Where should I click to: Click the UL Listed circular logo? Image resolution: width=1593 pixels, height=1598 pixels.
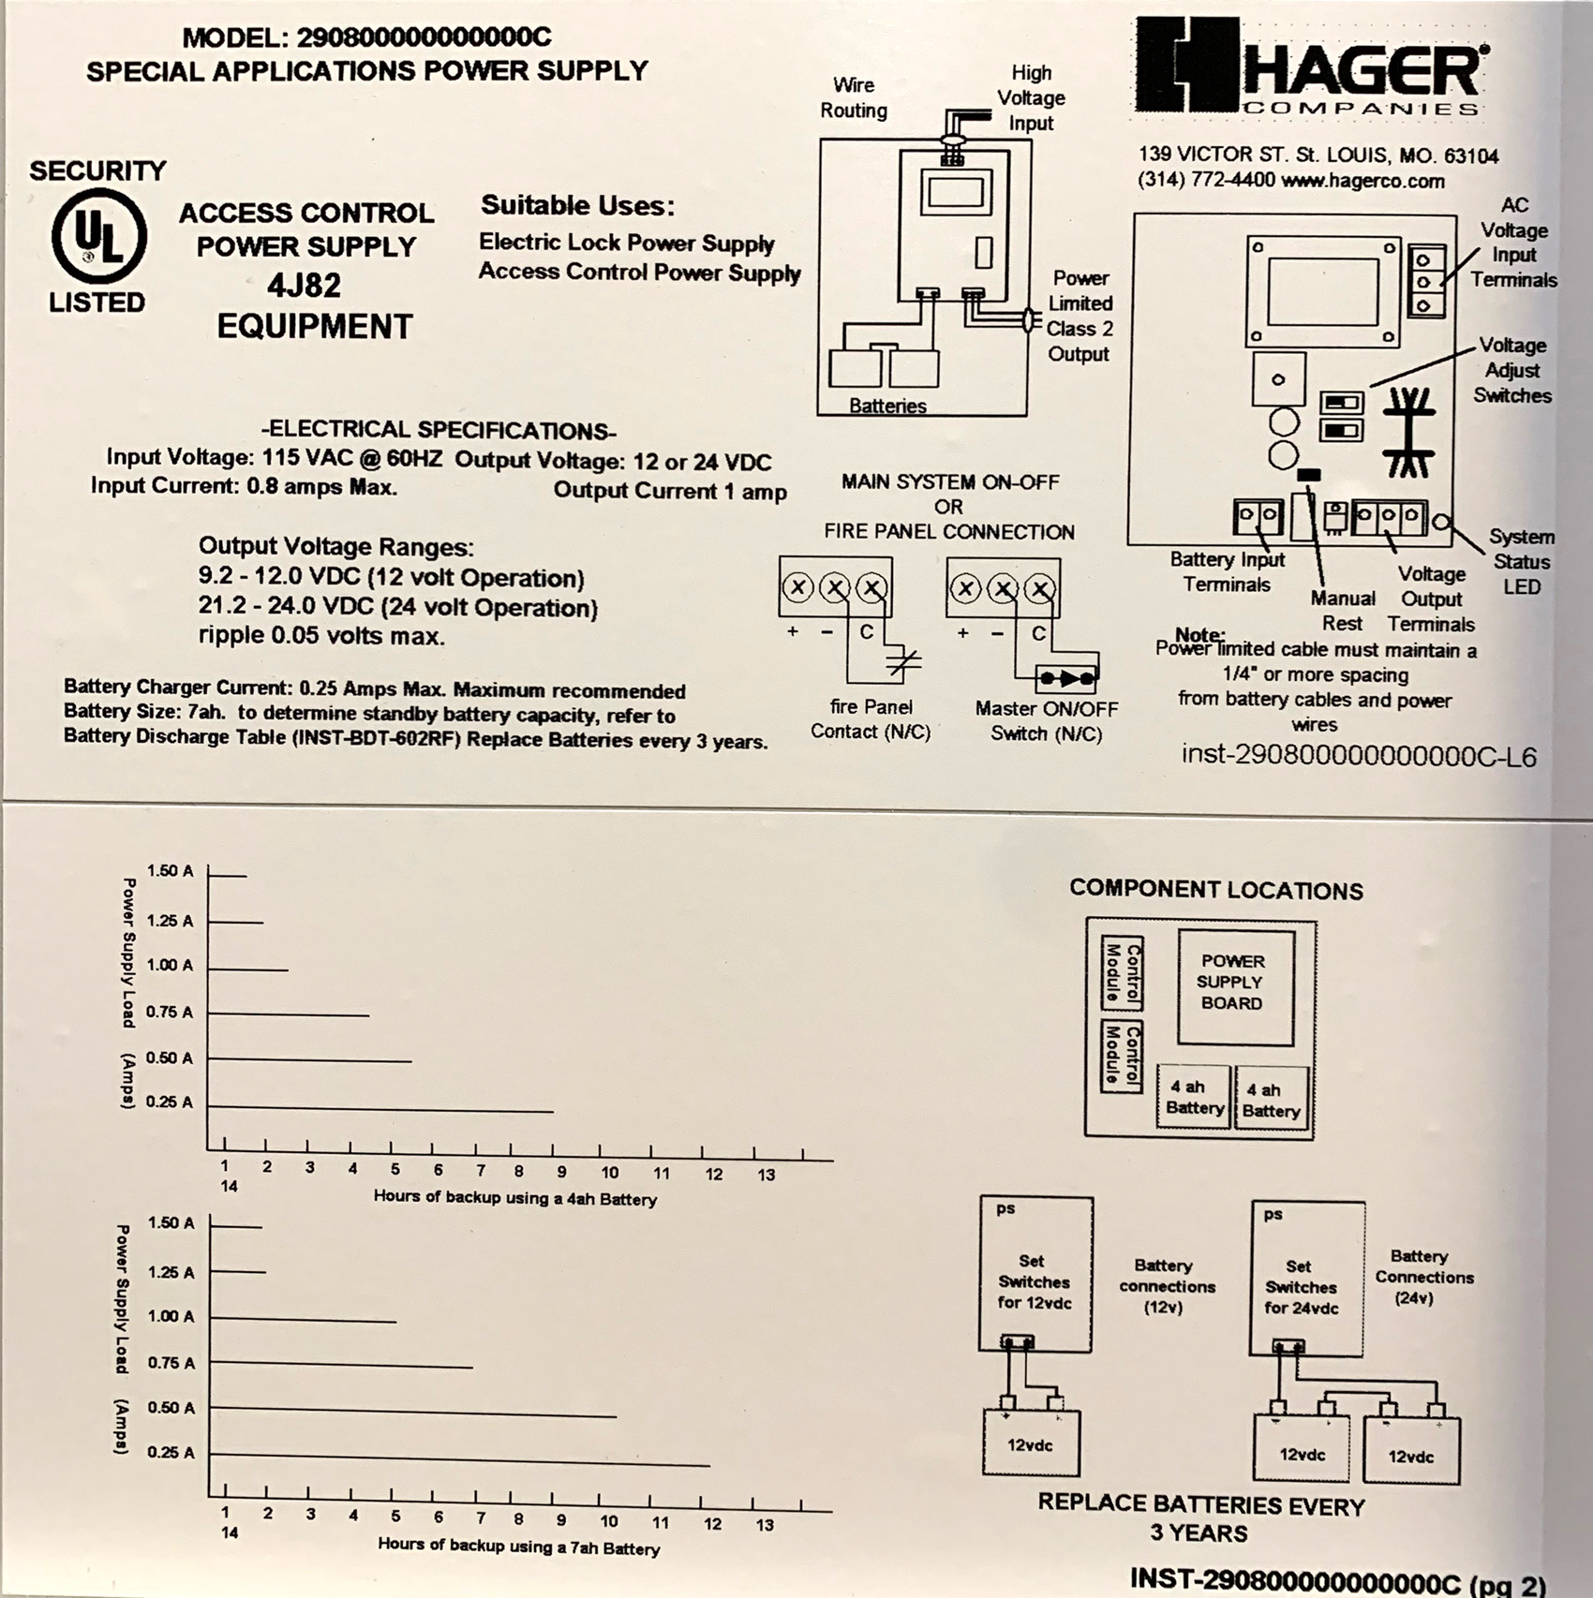98,236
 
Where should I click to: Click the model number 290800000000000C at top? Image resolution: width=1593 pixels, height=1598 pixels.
424,37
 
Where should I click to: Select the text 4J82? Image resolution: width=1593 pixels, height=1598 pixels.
304,285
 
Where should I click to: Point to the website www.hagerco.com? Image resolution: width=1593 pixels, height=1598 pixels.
1362,181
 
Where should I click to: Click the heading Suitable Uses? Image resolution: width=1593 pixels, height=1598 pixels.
577,205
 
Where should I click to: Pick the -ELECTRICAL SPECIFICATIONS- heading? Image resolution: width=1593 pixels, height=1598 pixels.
439,430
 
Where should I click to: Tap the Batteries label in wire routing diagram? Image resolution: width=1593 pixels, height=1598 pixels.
887,406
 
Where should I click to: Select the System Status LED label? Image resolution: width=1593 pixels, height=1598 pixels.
1520,561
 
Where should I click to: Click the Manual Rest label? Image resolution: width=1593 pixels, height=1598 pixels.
1343,611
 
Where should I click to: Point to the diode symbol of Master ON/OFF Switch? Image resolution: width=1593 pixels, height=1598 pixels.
1066,677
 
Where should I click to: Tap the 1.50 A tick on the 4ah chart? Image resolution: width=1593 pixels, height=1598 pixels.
170,871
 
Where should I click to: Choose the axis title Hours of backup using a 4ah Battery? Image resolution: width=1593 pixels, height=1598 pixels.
514,1198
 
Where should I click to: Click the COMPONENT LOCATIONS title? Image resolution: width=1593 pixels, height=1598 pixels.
1215,890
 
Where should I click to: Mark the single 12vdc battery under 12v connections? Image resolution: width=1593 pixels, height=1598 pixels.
1030,1443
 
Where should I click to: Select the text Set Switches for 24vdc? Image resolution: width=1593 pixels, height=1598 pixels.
1301,1287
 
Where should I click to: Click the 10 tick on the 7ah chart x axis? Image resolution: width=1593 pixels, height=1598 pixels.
609,1521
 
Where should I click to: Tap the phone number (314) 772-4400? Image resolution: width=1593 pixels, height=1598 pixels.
1205,180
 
